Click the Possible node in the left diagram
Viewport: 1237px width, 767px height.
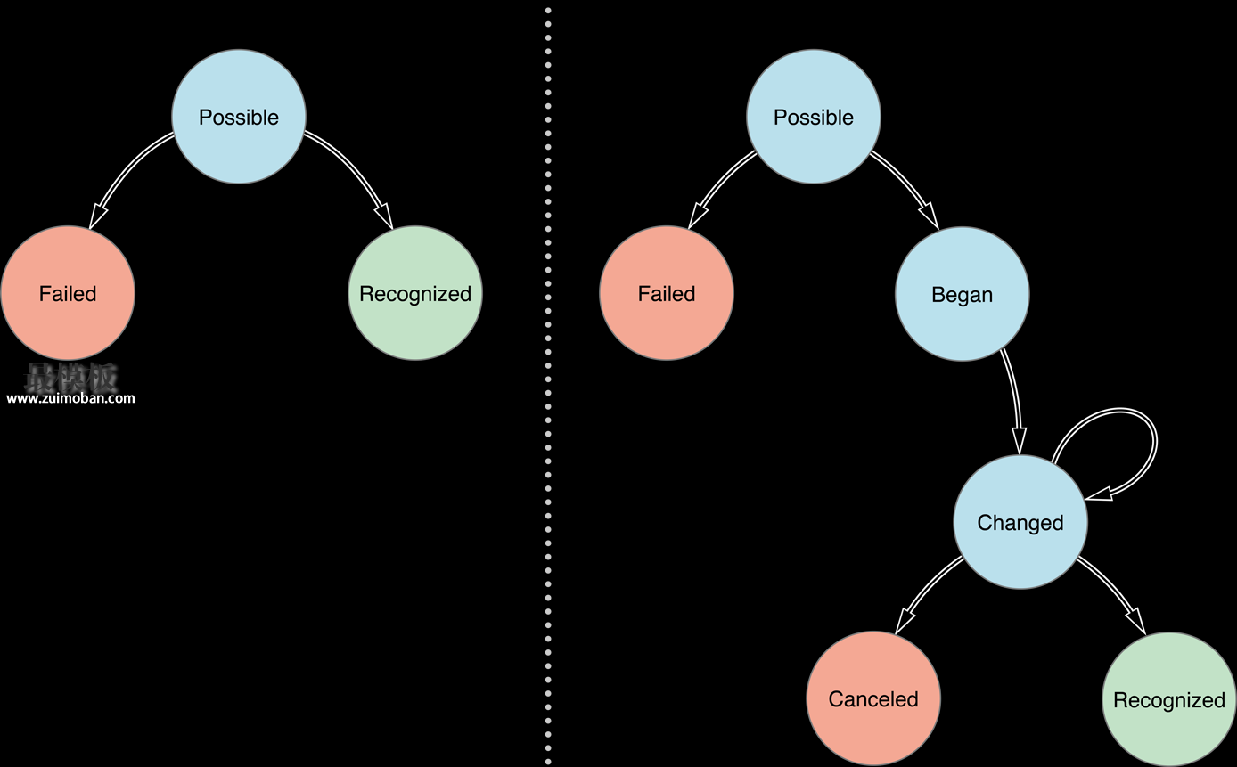(239, 117)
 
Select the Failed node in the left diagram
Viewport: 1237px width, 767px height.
(68, 293)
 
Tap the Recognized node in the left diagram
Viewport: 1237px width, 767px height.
(415, 293)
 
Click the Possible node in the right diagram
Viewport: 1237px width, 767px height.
(814, 117)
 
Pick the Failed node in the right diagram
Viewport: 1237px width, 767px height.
(667, 293)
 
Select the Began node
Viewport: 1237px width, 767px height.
(962, 294)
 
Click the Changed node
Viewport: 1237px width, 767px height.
(1020, 522)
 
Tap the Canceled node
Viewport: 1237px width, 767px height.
(873, 698)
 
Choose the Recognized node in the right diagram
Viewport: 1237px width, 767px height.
(1169, 699)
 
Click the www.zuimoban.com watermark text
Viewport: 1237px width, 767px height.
(70, 398)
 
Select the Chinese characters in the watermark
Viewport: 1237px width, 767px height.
(70, 377)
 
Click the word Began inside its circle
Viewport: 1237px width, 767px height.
(962, 295)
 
